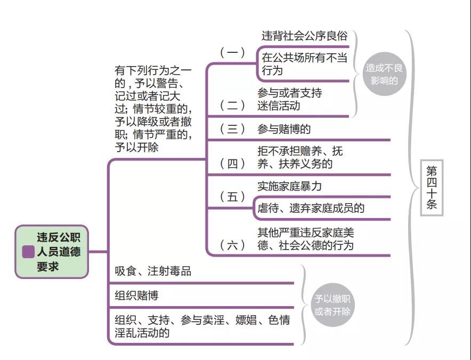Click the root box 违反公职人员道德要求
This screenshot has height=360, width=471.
point(52,252)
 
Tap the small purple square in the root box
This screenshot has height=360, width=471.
point(28,252)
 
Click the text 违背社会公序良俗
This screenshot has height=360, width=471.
point(304,36)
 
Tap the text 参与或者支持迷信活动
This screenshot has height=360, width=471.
point(289,99)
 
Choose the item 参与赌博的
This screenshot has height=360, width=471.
point(284,129)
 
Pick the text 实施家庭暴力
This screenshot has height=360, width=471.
point(289,187)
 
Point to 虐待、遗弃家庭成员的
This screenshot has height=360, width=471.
point(311,208)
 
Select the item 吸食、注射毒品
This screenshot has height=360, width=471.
point(153,271)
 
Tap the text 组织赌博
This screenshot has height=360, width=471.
point(136,295)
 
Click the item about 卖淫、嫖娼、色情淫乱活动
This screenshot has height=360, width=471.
point(202,326)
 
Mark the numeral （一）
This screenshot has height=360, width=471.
point(232,52)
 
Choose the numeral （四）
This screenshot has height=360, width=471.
point(232,163)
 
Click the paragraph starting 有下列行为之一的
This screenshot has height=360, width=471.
point(153,109)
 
